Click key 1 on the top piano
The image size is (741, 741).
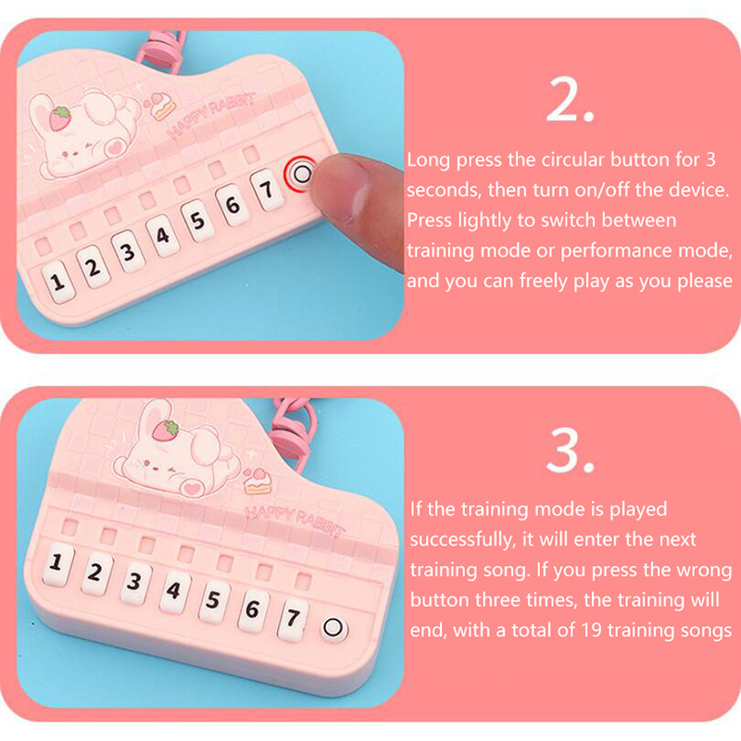coord(58,282)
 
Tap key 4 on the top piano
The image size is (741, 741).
coord(163,235)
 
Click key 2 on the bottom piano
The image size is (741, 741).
coord(95,573)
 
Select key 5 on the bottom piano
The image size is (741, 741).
coord(214,600)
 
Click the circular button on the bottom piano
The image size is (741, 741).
coord(333,629)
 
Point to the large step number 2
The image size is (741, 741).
coord(569,100)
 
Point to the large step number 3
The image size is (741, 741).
coord(569,450)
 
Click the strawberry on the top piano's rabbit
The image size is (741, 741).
coord(60,119)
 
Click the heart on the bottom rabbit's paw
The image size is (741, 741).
coord(192,488)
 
